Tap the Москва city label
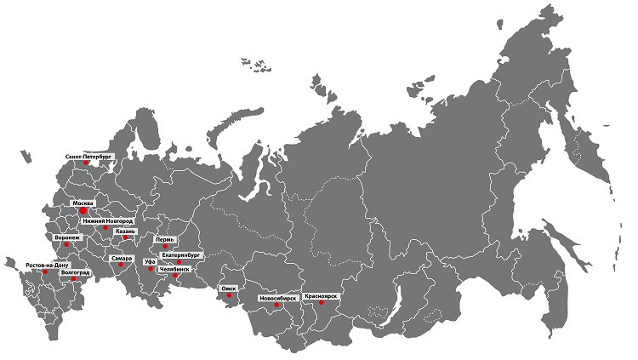(x=83, y=203)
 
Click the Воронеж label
(x=67, y=237)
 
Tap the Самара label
(x=120, y=257)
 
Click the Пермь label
(x=165, y=240)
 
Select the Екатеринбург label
(x=180, y=254)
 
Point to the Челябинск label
(x=174, y=269)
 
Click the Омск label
(x=228, y=289)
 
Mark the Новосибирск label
(x=277, y=299)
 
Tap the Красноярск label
(x=321, y=295)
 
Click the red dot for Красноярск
(x=321, y=303)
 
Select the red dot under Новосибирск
(x=276, y=307)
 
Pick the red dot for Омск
(x=226, y=297)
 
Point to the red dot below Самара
(x=121, y=266)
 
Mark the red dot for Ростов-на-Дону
(x=44, y=272)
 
